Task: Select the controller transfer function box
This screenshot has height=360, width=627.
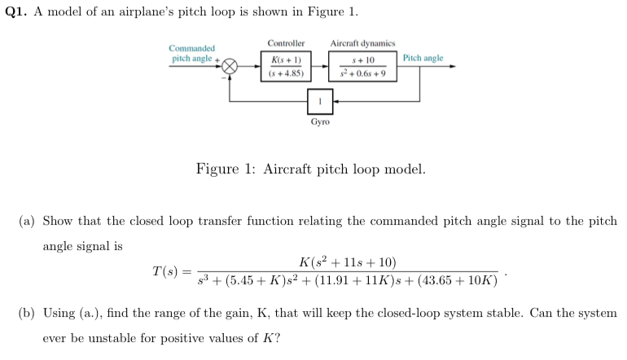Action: tap(286, 66)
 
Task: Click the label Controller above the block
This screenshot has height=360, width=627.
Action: tap(286, 43)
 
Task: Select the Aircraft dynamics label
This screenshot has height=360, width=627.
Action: tap(362, 43)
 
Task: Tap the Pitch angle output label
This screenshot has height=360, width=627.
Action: tap(423, 59)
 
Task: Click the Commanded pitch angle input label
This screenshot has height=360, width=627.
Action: tap(192, 54)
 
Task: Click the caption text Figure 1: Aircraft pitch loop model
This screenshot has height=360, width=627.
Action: tap(310, 169)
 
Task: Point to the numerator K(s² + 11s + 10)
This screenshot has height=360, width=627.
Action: tap(348, 261)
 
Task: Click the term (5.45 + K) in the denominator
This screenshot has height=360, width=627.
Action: tap(242, 281)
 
